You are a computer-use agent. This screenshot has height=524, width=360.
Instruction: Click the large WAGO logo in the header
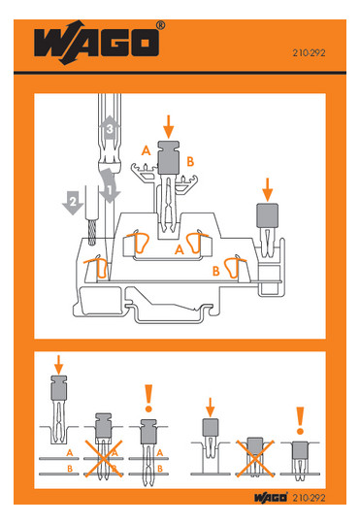point(96,43)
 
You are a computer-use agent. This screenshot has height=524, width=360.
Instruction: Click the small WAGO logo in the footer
point(271,498)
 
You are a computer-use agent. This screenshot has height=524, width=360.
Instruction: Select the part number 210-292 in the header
point(309,52)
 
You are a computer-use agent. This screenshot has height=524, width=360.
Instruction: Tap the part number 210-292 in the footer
point(309,498)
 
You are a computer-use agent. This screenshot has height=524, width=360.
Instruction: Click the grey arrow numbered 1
point(109,185)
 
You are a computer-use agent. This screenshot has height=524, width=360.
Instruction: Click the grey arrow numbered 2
point(73,203)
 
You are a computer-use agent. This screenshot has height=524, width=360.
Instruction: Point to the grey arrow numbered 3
point(110,128)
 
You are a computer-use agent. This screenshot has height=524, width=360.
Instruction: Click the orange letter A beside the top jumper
point(147,150)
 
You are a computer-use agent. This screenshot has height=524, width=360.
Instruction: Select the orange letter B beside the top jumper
point(190,162)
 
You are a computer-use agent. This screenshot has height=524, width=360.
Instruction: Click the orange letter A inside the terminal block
point(180,249)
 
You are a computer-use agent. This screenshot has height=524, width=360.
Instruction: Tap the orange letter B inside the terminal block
point(216,271)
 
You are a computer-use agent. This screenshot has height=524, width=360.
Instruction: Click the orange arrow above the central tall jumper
point(169,127)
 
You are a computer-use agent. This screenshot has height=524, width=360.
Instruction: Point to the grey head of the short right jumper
point(267,215)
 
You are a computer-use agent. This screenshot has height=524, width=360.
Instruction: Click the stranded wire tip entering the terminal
point(91,232)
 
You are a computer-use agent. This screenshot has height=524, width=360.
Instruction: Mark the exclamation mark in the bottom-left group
point(148,399)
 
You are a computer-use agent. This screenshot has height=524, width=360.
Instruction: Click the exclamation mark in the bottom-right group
point(300,420)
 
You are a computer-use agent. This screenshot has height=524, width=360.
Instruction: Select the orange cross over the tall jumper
point(103,458)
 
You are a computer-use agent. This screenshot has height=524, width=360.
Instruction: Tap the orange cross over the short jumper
point(255,458)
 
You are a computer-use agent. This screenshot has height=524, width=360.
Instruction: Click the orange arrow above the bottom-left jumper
point(58,365)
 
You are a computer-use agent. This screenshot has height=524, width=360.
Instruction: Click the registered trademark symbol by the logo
point(161,25)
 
